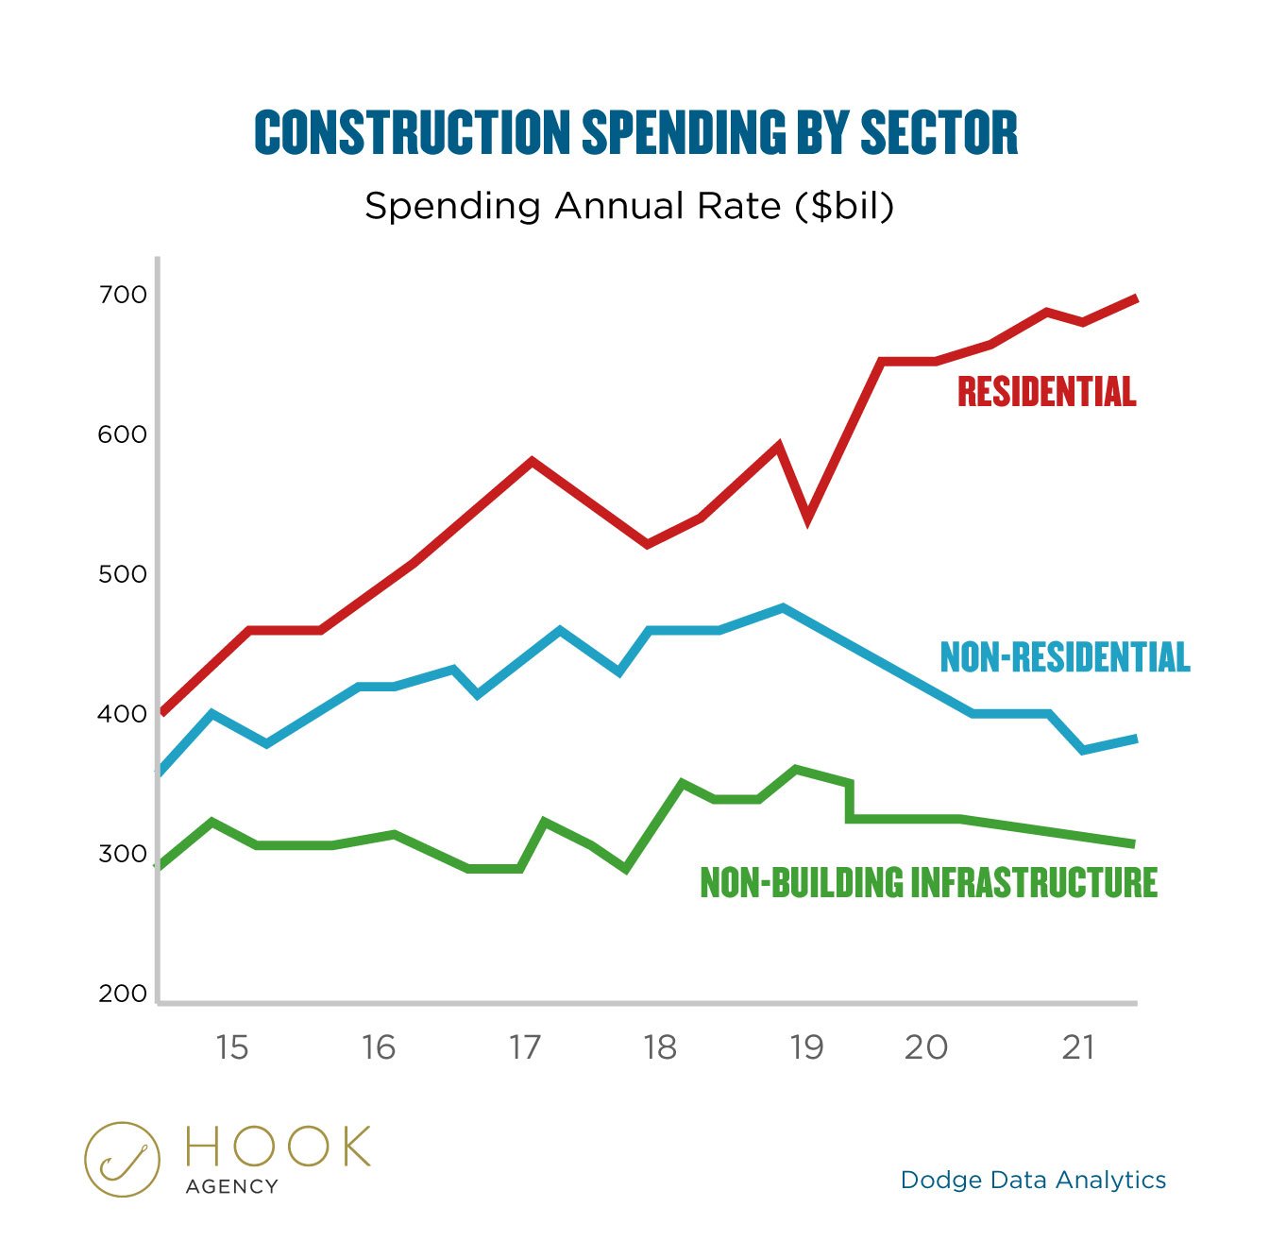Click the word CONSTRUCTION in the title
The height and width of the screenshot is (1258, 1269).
[x=413, y=133]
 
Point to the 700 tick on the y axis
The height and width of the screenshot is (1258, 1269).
[x=123, y=295]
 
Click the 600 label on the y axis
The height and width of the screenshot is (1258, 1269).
[x=123, y=434]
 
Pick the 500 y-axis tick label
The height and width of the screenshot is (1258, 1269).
[x=123, y=574]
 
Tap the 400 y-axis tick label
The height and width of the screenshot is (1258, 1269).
[x=123, y=714]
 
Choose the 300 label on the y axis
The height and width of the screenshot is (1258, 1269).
[x=123, y=854]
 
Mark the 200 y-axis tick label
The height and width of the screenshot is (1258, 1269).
[x=123, y=994]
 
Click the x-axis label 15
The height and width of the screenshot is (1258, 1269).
[x=232, y=1047]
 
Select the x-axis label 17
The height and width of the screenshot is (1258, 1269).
[x=524, y=1047]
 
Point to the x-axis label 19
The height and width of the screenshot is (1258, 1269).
[x=806, y=1047]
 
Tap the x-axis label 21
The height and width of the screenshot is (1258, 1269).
[x=1077, y=1047]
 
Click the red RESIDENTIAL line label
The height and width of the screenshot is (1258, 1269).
[x=1046, y=392]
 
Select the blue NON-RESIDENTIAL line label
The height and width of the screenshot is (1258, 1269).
[x=1064, y=657]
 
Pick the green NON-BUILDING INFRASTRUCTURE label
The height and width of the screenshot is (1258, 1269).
[x=928, y=882]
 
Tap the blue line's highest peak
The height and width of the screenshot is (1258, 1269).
[x=783, y=608]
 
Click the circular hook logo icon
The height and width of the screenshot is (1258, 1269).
[x=122, y=1159]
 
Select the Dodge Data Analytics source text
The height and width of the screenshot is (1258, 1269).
[x=1033, y=1180]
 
